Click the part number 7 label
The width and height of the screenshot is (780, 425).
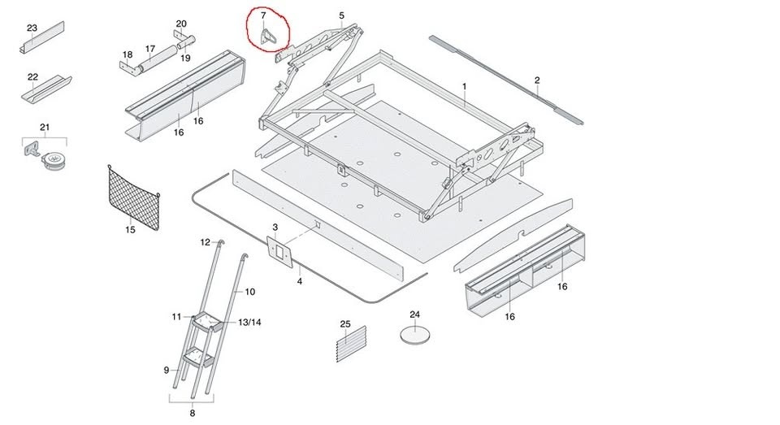tap(262, 16)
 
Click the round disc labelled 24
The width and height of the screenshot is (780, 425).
tap(415, 334)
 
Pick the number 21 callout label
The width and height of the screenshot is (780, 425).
tap(45, 128)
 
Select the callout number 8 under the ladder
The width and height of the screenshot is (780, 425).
tap(192, 413)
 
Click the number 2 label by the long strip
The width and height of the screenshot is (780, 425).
tap(537, 80)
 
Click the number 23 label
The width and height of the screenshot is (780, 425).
tap(32, 28)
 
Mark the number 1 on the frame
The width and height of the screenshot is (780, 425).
tap(464, 86)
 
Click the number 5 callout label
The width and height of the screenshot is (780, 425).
tap(341, 15)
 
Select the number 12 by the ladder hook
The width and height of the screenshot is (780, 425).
tap(206, 242)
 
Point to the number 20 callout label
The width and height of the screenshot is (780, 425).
tap(181, 24)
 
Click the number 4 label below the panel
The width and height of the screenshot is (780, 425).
tap(299, 281)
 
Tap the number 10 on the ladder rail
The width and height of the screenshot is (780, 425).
tap(249, 291)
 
